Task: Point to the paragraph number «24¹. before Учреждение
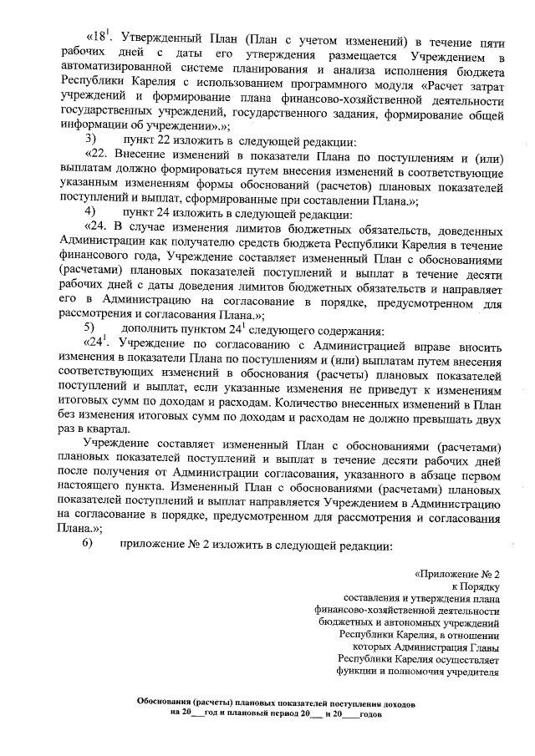(100, 342)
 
